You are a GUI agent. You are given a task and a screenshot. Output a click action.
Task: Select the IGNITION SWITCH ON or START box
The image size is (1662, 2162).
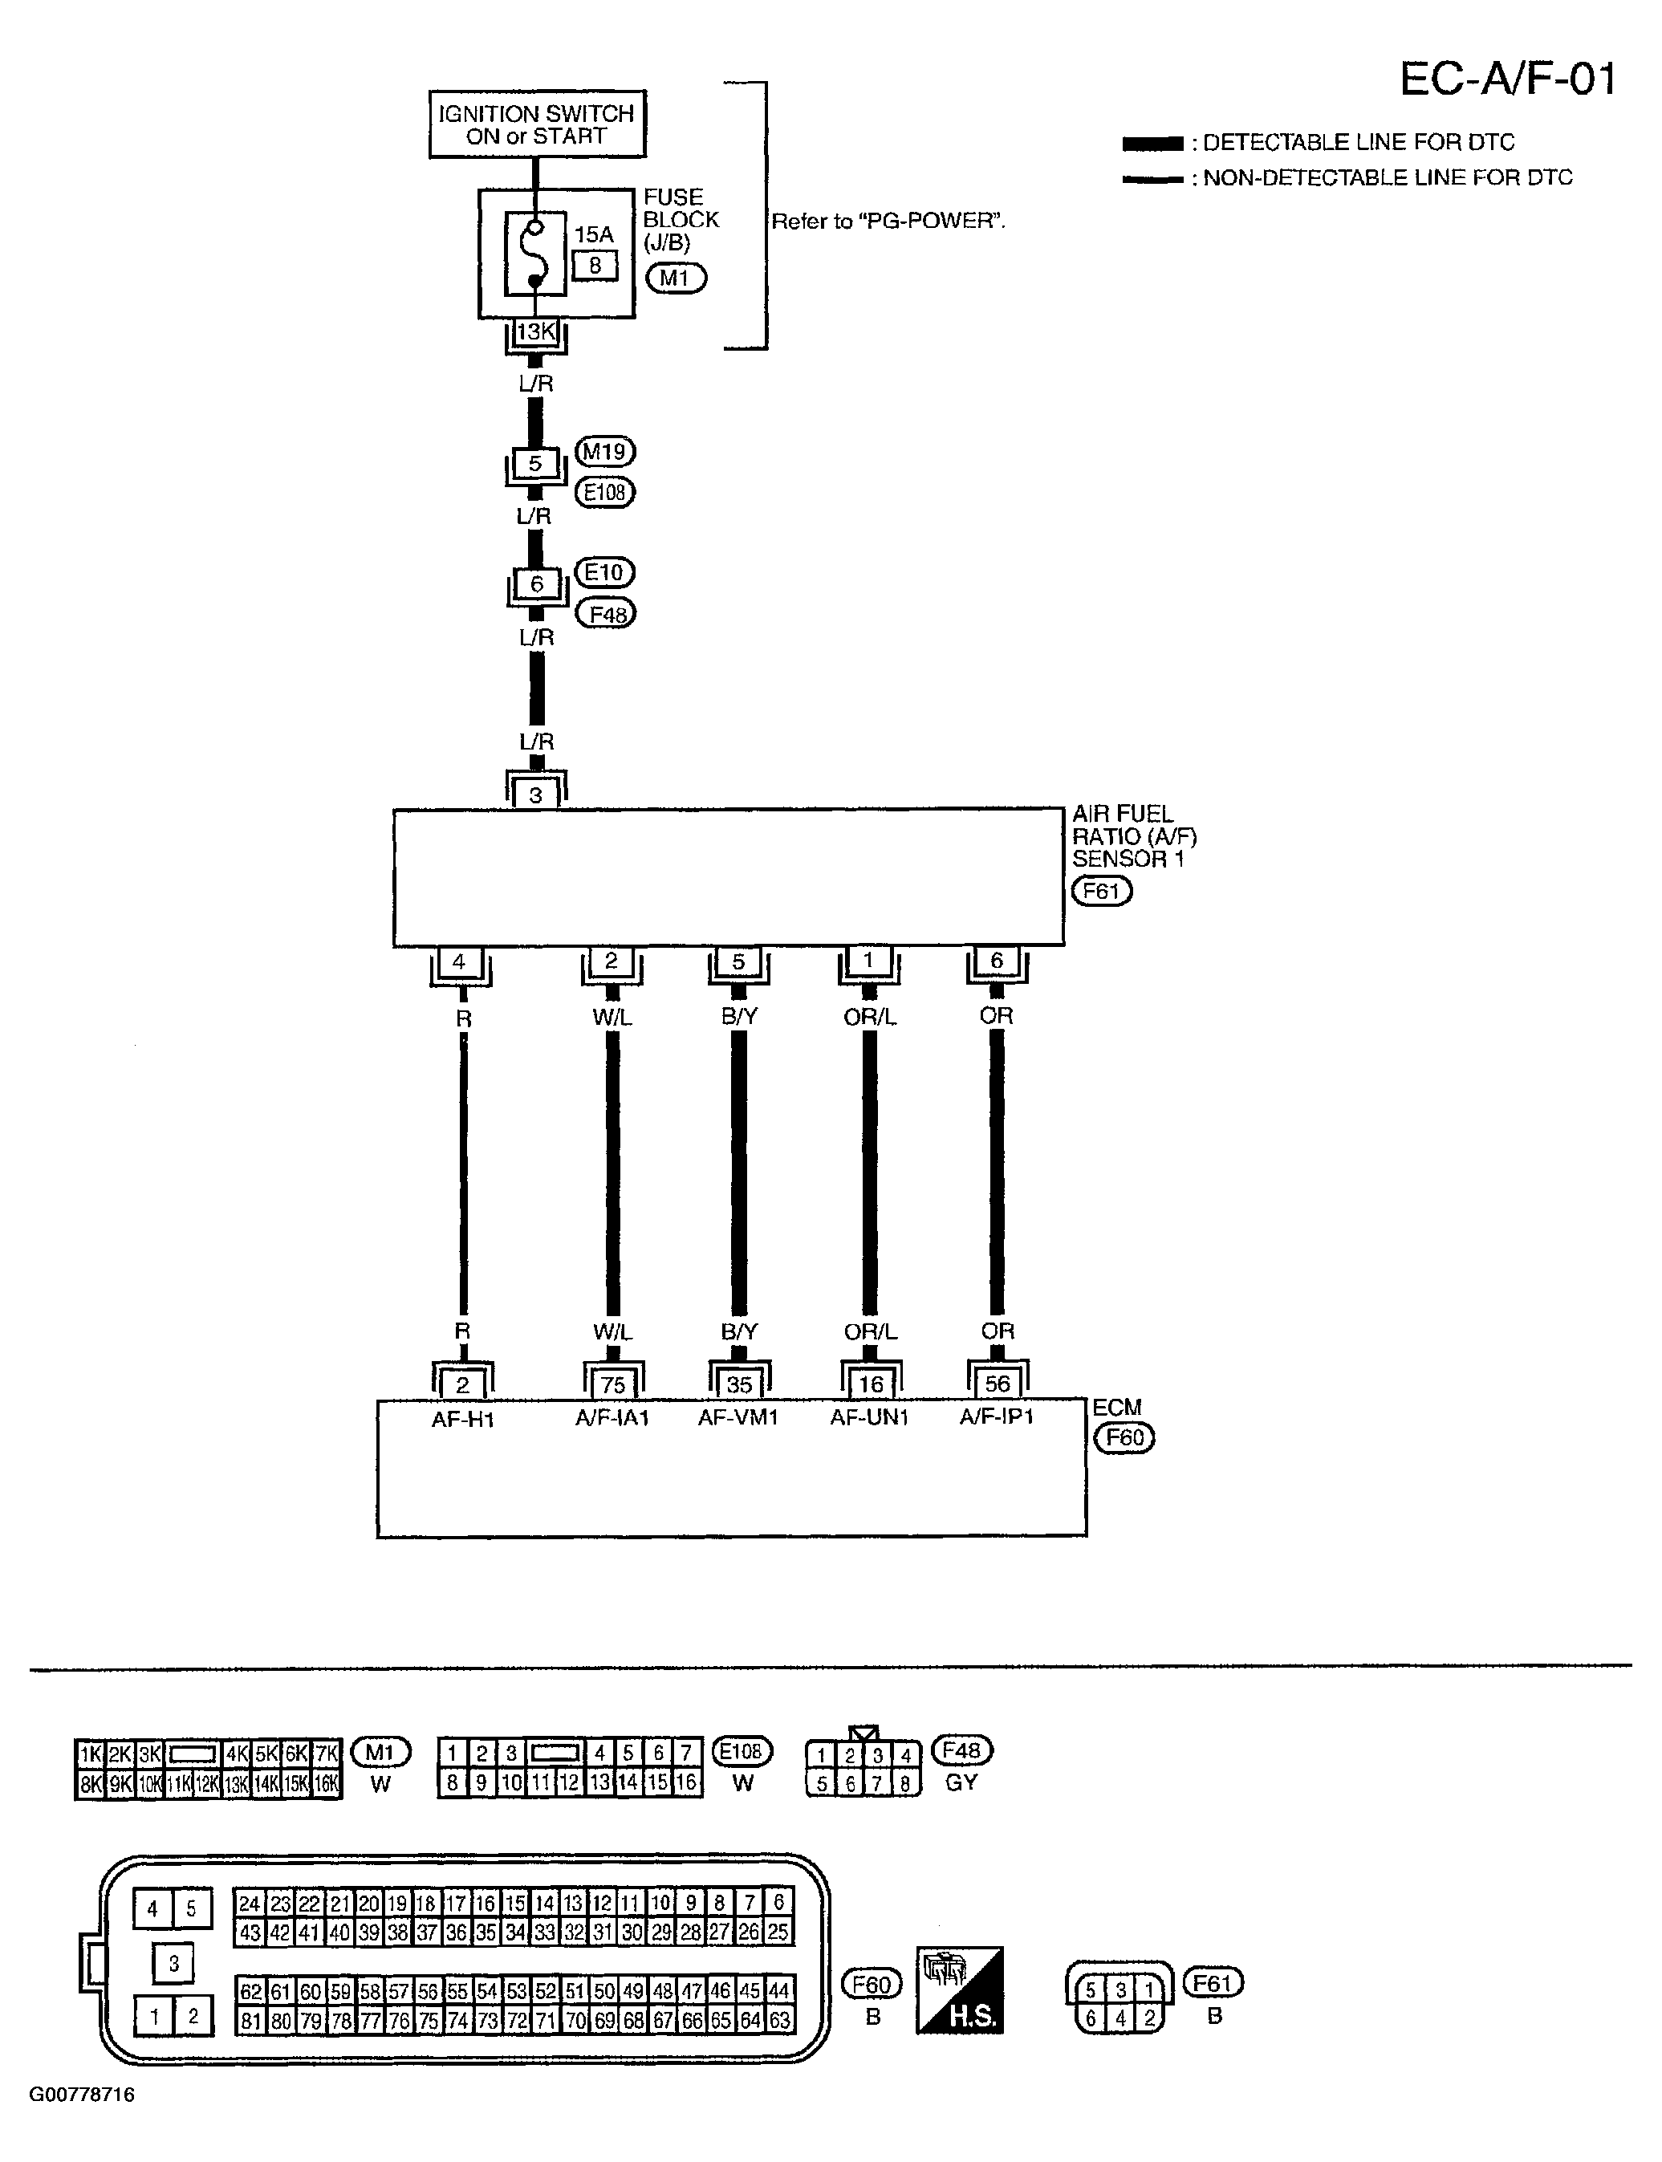(536, 124)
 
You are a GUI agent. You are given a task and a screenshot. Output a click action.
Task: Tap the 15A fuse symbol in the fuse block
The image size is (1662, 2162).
(535, 254)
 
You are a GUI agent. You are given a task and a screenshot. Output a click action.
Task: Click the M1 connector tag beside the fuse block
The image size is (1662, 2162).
(676, 279)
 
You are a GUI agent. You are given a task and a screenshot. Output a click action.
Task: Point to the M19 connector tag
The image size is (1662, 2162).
(604, 452)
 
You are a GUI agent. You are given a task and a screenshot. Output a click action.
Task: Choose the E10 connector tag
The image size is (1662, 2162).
(604, 573)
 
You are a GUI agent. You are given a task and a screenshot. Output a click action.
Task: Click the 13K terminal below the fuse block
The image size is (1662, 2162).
(536, 332)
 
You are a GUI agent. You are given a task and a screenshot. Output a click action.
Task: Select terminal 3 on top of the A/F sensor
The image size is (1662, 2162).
(535, 794)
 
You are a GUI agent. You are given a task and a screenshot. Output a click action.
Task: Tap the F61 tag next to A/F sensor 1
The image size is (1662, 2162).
(1101, 891)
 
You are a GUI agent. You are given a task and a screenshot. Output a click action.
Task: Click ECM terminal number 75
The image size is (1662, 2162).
(613, 1384)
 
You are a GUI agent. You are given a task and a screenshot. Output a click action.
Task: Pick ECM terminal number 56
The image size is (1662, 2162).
(998, 1384)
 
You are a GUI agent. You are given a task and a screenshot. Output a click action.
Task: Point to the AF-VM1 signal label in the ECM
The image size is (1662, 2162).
(738, 1417)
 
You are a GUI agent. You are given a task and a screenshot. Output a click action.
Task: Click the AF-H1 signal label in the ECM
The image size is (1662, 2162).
(462, 1419)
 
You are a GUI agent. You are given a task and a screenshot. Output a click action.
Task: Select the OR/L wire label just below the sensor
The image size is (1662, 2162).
(870, 1017)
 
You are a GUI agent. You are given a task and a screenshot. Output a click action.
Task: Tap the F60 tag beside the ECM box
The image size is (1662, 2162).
(1124, 1437)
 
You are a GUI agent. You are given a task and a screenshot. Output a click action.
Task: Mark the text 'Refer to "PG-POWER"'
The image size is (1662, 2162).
(888, 221)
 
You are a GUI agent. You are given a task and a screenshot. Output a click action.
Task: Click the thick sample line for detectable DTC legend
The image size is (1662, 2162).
(1152, 144)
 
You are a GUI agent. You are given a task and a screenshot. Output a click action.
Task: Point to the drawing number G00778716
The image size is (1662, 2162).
(82, 2095)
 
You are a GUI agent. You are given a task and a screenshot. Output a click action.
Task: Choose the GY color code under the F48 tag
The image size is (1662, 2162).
(961, 1782)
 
